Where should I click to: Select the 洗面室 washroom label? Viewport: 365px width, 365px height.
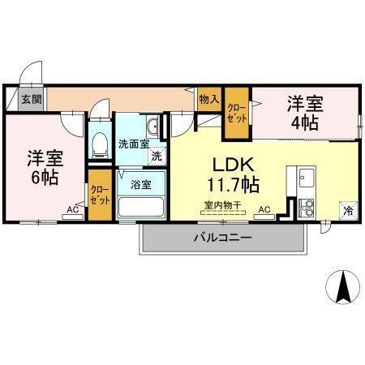[134, 144]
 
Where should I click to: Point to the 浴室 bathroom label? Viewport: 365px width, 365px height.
[140, 184]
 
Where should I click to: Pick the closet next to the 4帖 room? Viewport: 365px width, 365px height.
[236, 110]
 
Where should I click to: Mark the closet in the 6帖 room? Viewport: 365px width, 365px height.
[100, 195]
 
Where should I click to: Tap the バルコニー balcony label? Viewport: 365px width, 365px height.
[221, 238]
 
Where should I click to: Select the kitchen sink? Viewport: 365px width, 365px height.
[307, 177]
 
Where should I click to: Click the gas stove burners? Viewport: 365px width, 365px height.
[307, 205]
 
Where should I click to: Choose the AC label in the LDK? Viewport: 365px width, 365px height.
[264, 210]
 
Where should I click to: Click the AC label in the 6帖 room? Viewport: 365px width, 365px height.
[73, 209]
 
